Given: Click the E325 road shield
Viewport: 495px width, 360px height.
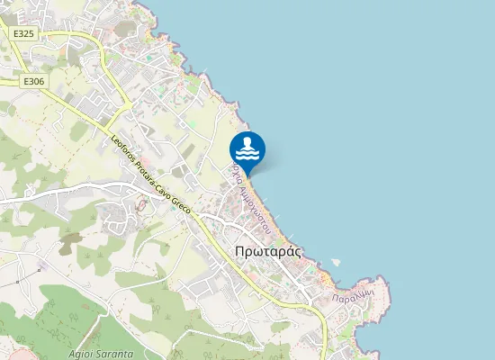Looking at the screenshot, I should pyautogui.click(x=23, y=33).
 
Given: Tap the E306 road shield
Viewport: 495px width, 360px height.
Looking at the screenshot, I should pyautogui.click(x=33, y=81).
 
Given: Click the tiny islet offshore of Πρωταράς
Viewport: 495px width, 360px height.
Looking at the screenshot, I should pyautogui.click(x=336, y=262).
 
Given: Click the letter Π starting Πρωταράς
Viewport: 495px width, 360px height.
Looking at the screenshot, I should pyautogui.click(x=238, y=253).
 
